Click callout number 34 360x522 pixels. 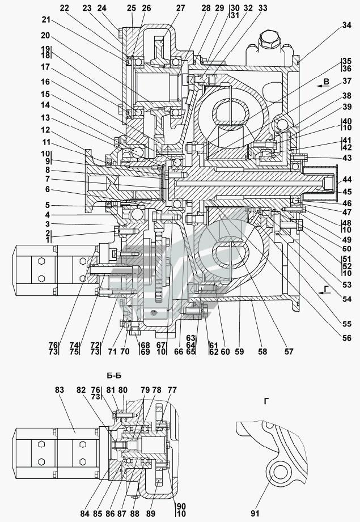[x=346, y=25]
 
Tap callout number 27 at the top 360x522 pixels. [x=180, y=8]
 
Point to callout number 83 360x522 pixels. [x=60, y=389]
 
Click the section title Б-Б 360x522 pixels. [x=114, y=376]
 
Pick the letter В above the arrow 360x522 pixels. [x=327, y=82]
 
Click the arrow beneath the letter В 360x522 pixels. [x=323, y=86]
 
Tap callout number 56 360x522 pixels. [x=347, y=338]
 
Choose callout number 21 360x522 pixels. [x=46, y=20]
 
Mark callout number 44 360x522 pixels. [x=347, y=180]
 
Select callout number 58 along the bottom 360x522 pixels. [x=262, y=351]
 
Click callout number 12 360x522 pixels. [x=45, y=130]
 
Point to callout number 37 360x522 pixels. [x=347, y=81]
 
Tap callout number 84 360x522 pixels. [x=85, y=513]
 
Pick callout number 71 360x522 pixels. [x=112, y=351]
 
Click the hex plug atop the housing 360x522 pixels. [x=269, y=39]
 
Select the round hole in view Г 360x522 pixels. [x=279, y=472]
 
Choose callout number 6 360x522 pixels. [x=47, y=189]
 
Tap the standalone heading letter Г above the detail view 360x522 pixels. [x=266, y=401]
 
